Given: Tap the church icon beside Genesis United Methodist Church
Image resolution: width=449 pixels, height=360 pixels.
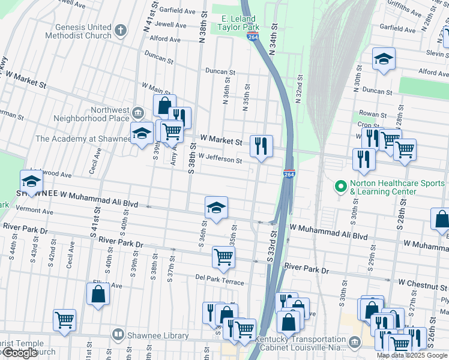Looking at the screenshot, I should tap(121, 31).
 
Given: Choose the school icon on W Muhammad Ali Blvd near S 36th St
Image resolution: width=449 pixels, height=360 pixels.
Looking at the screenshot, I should tap(216, 207).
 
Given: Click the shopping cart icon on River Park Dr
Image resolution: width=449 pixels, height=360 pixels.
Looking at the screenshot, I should tap(223, 257).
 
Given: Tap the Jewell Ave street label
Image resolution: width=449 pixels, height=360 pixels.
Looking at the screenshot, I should tap(171, 25).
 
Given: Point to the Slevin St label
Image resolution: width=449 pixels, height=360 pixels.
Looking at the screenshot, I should tap(433, 53).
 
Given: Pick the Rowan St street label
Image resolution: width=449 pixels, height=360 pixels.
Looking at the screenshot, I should tap(372, 113).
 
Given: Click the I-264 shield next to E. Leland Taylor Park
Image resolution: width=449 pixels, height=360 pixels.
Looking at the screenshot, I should tap(253, 36).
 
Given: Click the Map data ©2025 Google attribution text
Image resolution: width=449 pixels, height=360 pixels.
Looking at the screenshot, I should tap(412, 355).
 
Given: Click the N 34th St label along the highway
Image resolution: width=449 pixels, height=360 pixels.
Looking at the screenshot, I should tap(274, 40).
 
